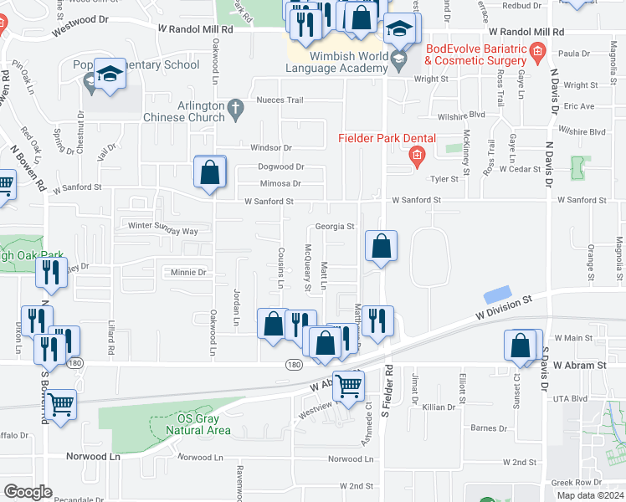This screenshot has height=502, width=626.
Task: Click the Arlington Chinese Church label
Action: [x=189, y=112]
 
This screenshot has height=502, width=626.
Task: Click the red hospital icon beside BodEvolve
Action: [x=536, y=56]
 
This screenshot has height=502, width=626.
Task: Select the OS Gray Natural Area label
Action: [x=198, y=424]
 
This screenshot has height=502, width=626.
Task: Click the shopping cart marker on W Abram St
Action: [x=348, y=386]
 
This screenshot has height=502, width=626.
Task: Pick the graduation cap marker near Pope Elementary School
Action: [x=109, y=74]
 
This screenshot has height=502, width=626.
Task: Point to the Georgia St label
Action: [x=335, y=226]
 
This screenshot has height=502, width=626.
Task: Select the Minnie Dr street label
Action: [x=188, y=272]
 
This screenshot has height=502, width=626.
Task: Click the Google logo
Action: [x=27, y=492]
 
